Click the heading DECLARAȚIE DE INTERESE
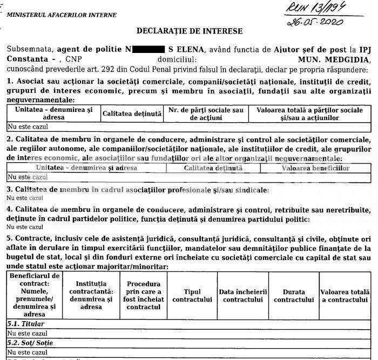(x=190, y=31)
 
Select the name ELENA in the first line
(x=191, y=49)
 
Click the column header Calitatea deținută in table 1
(x=132, y=114)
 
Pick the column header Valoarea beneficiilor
(x=315, y=168)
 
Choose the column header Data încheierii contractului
(x=243, y=295)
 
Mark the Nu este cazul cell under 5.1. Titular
(x=25, y=334)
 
